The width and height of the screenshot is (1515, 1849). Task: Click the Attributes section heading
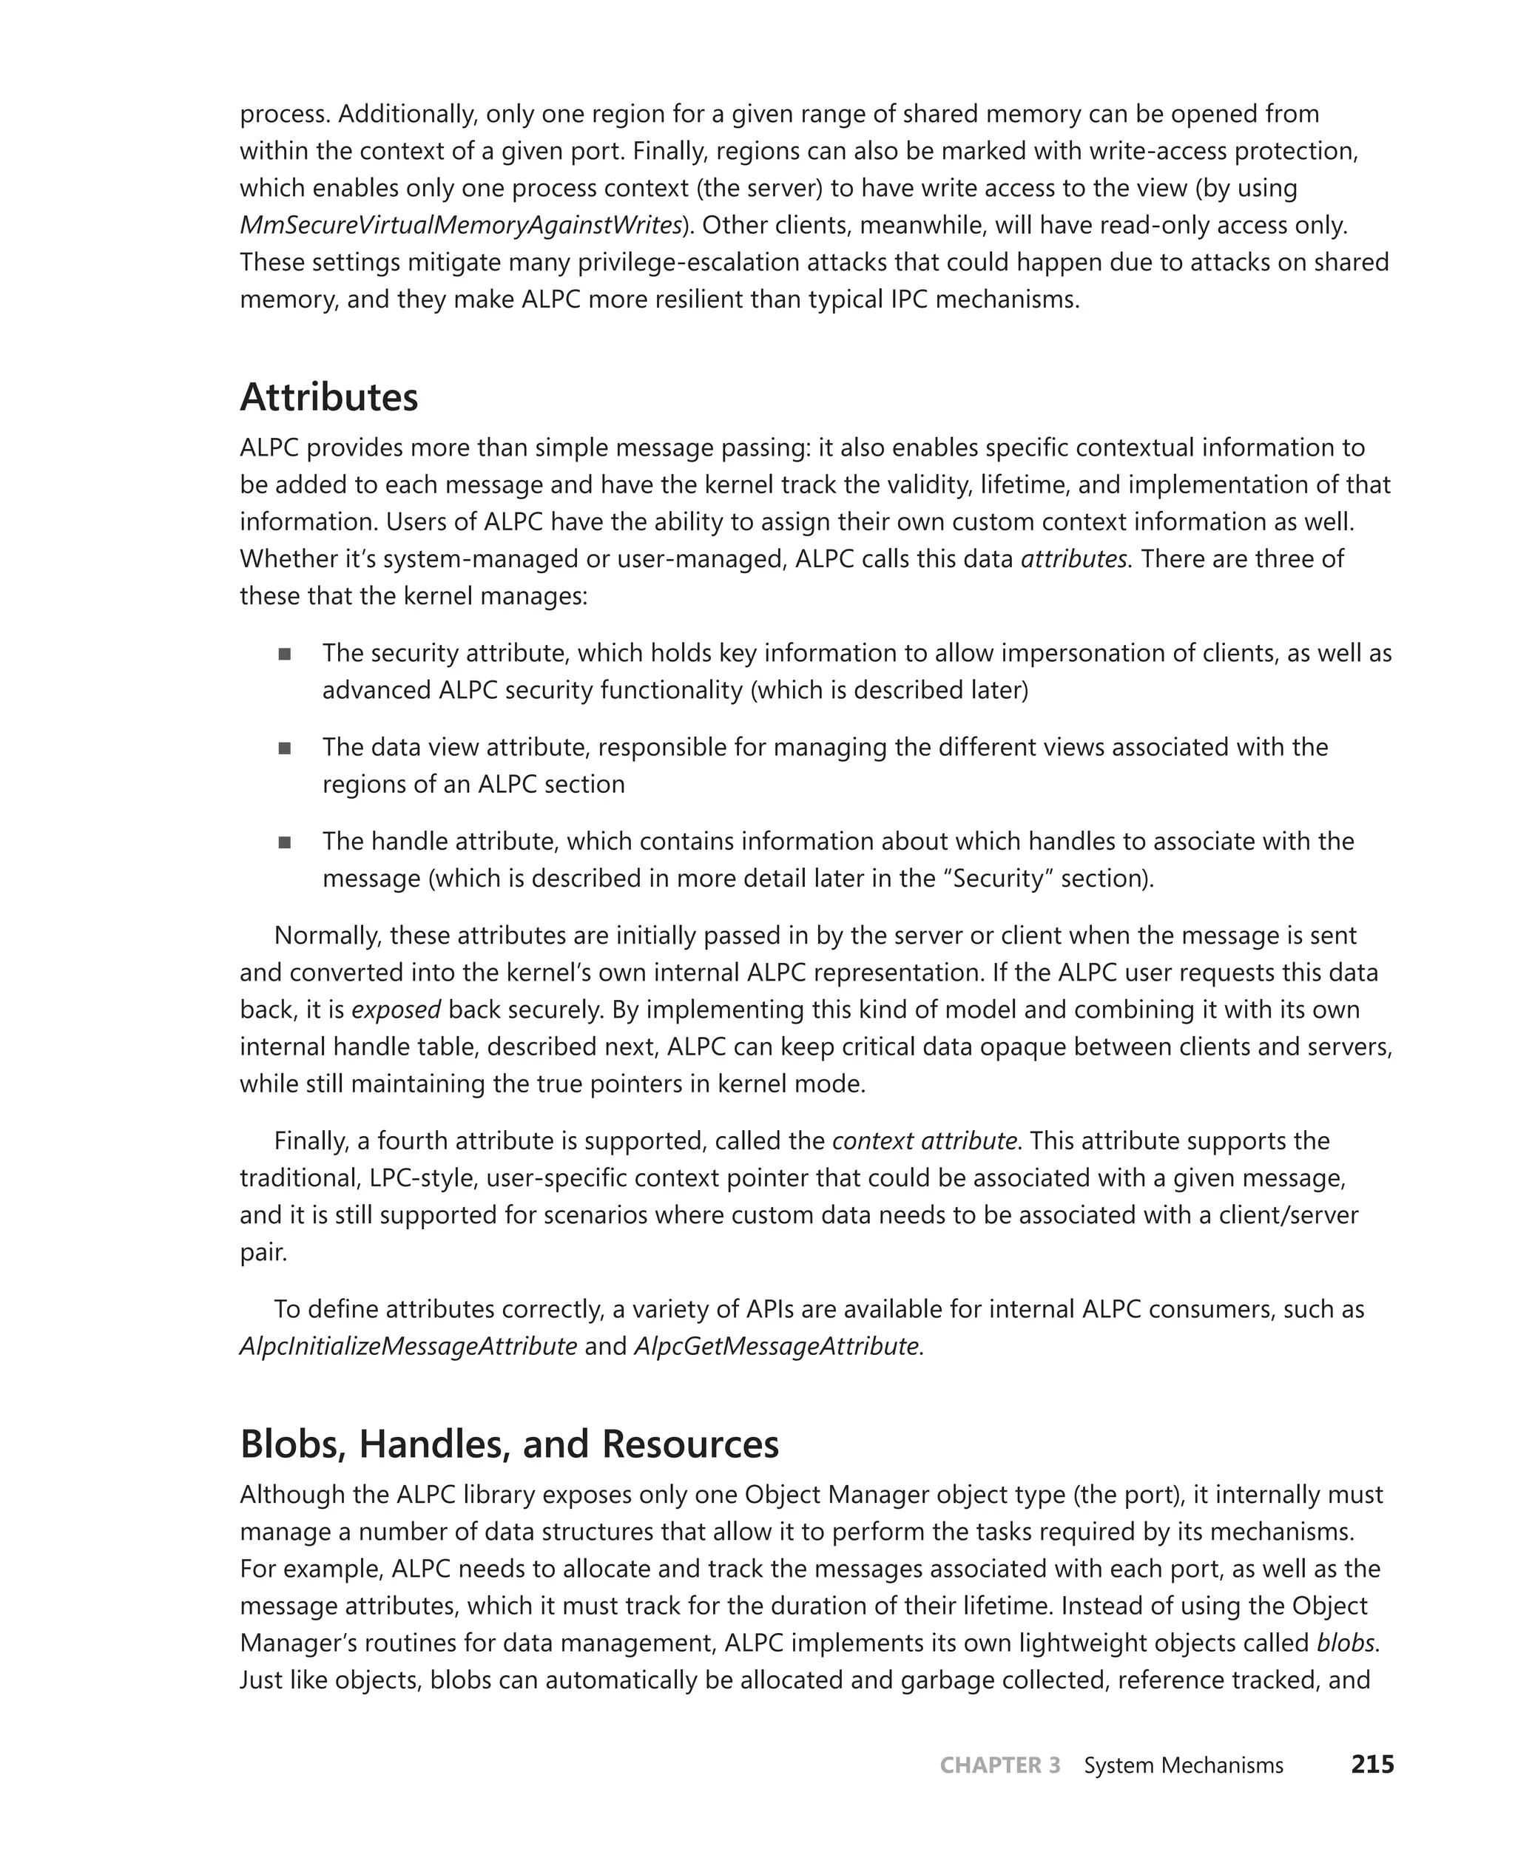329,398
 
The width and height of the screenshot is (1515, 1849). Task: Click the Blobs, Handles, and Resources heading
509,1444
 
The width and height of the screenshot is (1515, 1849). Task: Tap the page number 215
1372,1765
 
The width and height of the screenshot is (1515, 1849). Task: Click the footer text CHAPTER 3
999,1765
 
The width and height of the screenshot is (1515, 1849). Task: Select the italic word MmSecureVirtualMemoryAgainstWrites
461,225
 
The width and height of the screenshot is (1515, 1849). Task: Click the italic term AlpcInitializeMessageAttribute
408,1346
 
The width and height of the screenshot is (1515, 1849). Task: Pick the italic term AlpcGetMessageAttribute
776,1346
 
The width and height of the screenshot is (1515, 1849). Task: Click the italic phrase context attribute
924,1141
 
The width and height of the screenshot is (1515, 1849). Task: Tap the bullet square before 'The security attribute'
285,655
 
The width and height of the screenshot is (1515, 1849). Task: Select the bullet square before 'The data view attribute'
285,748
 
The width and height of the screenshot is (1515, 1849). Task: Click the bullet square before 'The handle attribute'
285,843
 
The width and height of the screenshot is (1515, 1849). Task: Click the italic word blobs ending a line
1345,1643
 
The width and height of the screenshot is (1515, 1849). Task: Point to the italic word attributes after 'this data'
1073,558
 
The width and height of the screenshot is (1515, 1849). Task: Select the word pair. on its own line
263,1253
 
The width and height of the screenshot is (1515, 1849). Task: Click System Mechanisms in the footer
1184,1765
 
